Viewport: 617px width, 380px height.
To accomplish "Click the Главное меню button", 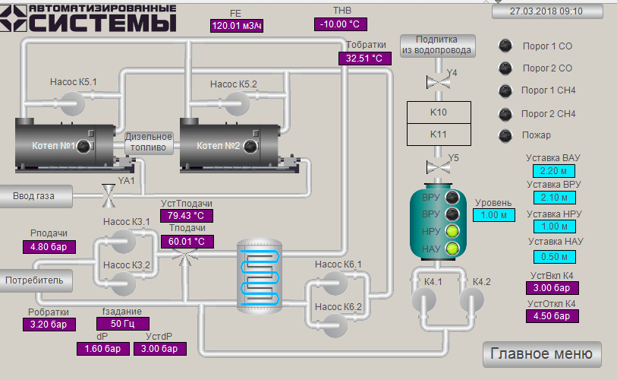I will point(542,354).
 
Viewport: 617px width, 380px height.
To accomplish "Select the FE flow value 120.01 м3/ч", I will point(237,26).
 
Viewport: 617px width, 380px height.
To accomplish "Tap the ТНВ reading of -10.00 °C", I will point(340,24).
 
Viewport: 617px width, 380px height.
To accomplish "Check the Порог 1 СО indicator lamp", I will point(505,46).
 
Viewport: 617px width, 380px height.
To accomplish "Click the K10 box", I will point(439,112).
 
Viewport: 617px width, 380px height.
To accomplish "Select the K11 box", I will point(439,135).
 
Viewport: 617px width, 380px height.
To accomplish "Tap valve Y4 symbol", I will point(436,82).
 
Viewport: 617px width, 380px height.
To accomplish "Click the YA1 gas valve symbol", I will point(109,195).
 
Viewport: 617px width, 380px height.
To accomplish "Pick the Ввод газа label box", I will point(35,196).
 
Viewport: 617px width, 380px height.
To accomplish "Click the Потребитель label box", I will point(36,280).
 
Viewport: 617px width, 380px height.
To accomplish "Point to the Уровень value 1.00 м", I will point(493,215).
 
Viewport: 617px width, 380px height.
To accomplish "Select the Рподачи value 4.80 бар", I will point(49,246).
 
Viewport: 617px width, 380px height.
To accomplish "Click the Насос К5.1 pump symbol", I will point(74,101).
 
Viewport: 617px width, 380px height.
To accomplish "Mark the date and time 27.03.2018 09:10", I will point(546,11).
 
